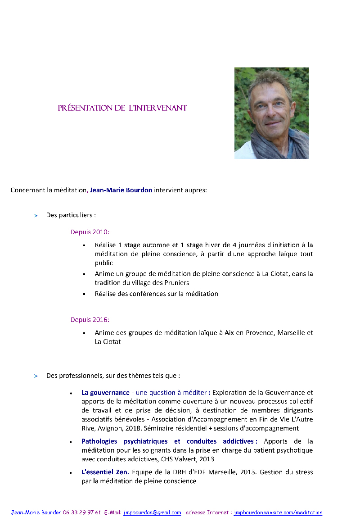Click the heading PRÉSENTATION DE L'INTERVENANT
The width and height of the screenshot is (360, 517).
click(x=122, y=108)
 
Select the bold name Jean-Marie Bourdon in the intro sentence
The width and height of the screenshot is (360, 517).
click(x=121, y=190)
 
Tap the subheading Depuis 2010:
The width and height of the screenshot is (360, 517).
click(x=90, y=232)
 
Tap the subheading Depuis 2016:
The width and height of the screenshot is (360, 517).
click(x=90, y=320)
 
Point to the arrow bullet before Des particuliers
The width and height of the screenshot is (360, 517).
click(x=36, y=216)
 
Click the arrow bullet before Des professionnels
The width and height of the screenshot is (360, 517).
click(x=36, y=376)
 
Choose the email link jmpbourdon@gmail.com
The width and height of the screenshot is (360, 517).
click(x=152, y=512)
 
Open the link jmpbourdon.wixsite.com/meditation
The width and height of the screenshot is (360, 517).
click(x=278, y=512)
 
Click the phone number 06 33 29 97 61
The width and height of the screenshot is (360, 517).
click(x=85, y=512)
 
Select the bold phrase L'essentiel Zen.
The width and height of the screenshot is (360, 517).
click(x=105, y=472)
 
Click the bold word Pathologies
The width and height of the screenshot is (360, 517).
click(x=99, y=441)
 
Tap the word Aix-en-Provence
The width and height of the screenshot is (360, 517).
click(x=250, y=333)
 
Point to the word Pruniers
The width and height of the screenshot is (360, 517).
click(x=176, y=283)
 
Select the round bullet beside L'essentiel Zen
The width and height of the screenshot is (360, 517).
click(x=71, y=473)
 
